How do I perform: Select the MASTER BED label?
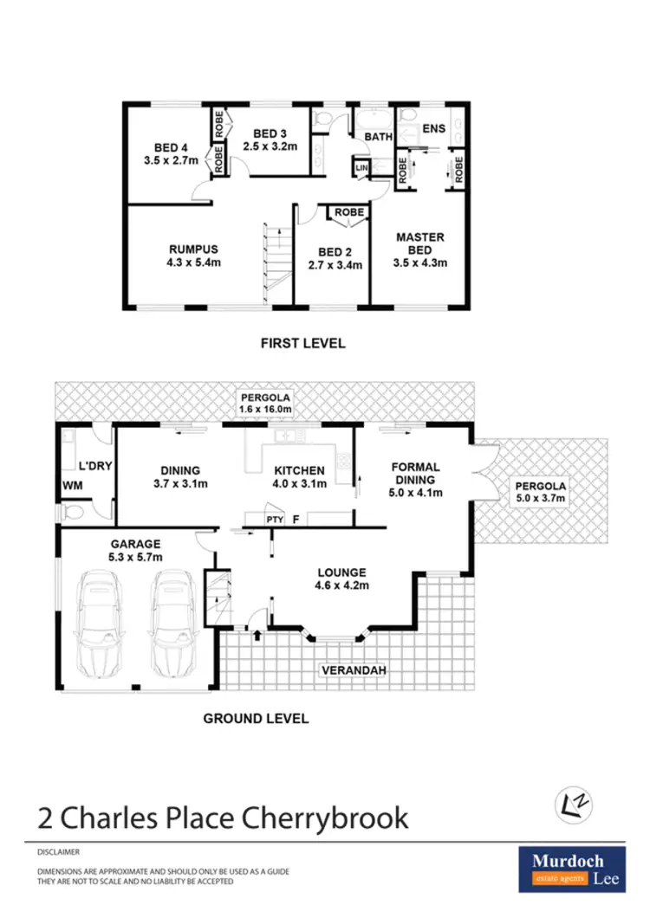click(419, 243)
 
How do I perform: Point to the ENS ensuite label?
click(432, 130)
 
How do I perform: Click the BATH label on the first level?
click(378, 137)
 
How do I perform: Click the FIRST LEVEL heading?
click(303, 343)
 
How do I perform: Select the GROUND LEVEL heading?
click(256, 718)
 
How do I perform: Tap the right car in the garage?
click(173, 624)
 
